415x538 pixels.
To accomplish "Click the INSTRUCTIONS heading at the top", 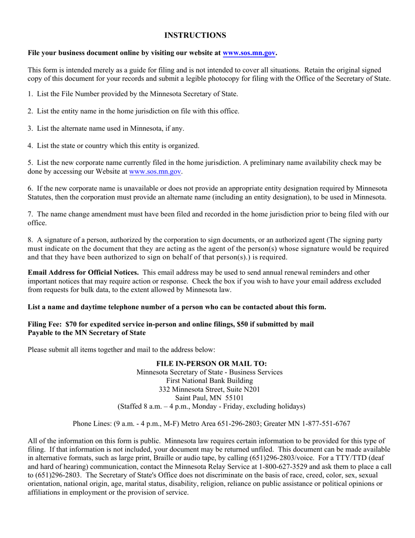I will click(x=195, y=35).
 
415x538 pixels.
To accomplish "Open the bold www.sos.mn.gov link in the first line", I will click(x=249, y=53).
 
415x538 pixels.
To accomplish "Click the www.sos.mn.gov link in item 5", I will click(x=155, y=172).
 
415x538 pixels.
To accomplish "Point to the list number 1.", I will click(x=30, y=94).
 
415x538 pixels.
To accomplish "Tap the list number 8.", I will click(x=30, y=240).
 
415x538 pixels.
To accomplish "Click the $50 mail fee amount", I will click(x=244, y=324).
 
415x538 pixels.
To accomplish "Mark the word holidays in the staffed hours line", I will click(x=289, y=406).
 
